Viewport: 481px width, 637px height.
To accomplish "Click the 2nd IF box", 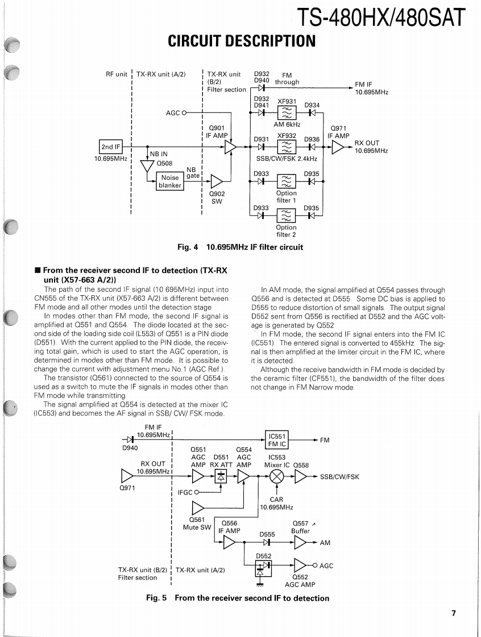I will (110, 146).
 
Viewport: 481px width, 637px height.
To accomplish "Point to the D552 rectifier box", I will (263, 566).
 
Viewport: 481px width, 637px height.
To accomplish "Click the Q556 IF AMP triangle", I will (230, 543).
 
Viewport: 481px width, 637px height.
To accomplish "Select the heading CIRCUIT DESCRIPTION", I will (242, 41).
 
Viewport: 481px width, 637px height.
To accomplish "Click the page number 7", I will (454, 613).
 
